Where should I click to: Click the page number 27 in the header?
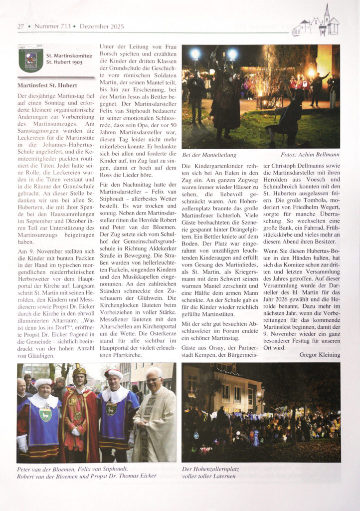coord(21,26)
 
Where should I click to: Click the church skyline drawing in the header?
coord(316,23)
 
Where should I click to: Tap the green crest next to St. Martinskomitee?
coord(31,59)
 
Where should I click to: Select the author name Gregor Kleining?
coord(320,354)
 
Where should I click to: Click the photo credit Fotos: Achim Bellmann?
coord(310,155)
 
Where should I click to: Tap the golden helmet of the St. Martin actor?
coord(79,372)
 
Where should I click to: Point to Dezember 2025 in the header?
coord(101,26)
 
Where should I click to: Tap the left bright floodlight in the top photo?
coord(194,53)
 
